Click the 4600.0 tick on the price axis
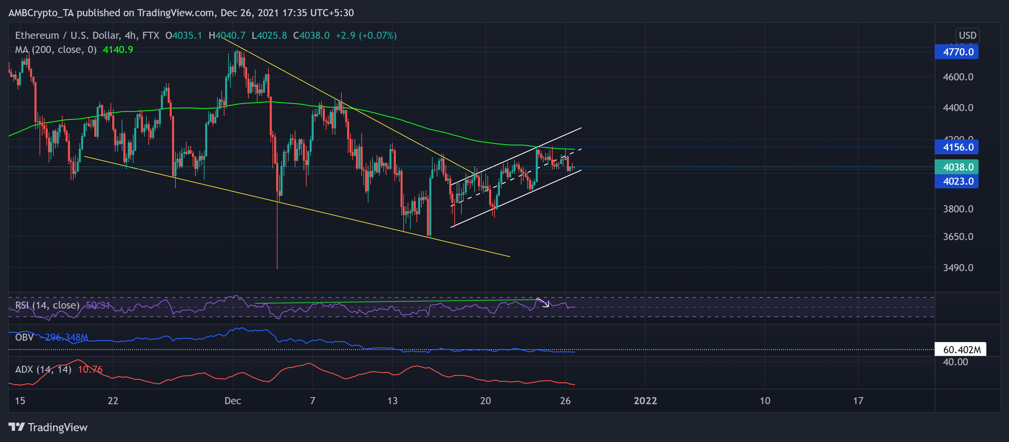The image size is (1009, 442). pos(958,77)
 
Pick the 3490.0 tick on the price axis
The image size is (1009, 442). pos(958,267)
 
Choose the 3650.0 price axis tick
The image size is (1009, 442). pos(958,236)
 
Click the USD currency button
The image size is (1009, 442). pos(967,35)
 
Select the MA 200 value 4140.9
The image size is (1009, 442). pos(118,50)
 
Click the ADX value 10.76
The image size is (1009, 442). pos(90,369)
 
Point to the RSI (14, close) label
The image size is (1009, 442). pos(47,305)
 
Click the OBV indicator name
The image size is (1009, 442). pos(24,337)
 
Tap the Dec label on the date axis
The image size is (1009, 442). pos(233,400)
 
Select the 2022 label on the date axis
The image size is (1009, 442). pos(645,400)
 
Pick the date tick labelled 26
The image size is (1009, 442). pos(565,400)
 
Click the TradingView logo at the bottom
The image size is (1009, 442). pos(48,427)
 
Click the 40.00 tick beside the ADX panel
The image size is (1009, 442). pos(955,362)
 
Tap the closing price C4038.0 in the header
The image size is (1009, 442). pos(311,35)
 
